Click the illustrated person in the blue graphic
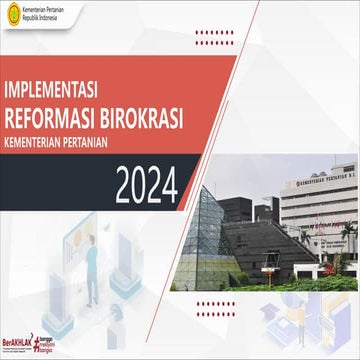(92, 262)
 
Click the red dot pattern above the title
(214, 37)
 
